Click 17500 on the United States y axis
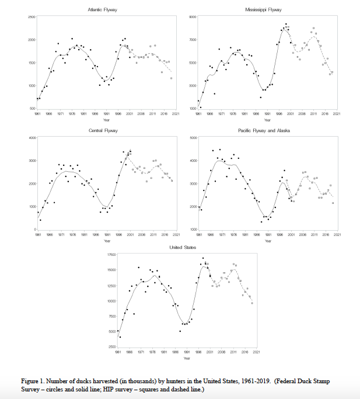pyautogui.click(x=111, y=255)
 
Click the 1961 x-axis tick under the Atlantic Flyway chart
pyautogui.click(x=38, y=114)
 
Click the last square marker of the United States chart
pyautogui.click(x=252, y=303)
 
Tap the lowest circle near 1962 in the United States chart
pyautogui.click(x=120, y=337)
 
